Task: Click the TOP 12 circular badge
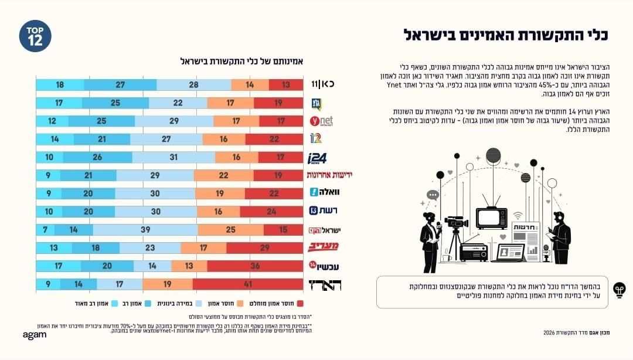35,36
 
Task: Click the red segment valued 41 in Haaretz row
248,285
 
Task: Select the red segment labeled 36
255,266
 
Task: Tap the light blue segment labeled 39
145,230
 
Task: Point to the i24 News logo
318,158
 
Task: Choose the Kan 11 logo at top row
322,84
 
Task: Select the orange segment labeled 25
230,230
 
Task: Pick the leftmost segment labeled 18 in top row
60,84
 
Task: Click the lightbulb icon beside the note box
618,290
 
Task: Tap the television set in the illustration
491,218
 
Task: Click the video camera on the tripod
456,223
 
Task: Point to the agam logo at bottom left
34,335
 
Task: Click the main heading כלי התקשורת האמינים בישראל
506,34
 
